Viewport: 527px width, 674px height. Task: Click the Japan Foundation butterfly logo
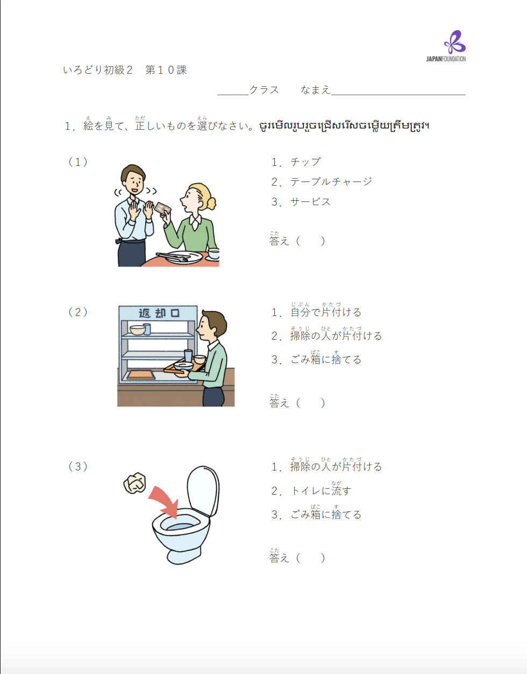coord(454,42)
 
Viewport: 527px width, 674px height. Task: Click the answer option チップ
coord(305,162)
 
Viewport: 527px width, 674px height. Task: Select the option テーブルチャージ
coord(331,182)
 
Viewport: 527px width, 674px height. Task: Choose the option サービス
coord(310,202)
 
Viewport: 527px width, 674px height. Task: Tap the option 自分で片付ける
coord(325,312)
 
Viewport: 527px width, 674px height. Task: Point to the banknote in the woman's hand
coord(162,208)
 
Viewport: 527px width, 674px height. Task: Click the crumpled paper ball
coord(134,483)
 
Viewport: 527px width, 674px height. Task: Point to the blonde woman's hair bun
coord(211,203)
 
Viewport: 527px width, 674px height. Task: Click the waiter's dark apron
coord(131,253)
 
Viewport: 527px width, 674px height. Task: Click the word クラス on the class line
coord(263,90)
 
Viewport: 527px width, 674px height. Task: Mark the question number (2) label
coord(78,312)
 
